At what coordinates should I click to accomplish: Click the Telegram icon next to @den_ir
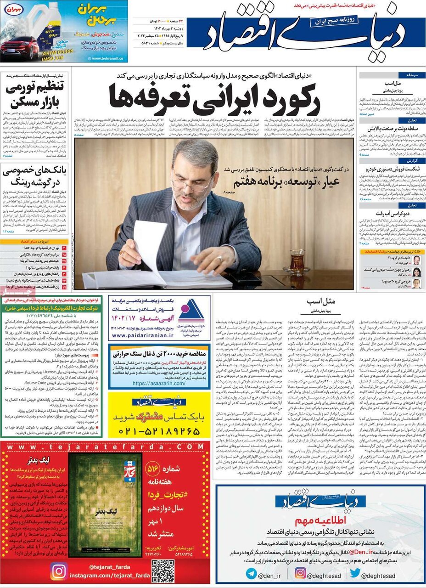pyautogui.click(x=251, y=573)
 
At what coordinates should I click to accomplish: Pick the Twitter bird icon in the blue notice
pyautogui.click(x=354, y=573)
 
